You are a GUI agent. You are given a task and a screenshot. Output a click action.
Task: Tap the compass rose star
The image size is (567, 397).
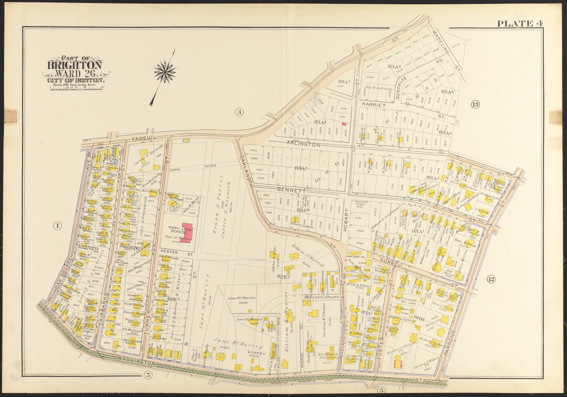coord(165,72)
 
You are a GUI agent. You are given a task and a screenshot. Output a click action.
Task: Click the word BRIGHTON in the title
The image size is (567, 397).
coord(75,65)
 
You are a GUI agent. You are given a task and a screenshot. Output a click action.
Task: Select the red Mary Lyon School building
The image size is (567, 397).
coord(187,233)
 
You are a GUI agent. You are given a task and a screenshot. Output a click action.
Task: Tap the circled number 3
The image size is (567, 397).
coord(239,112)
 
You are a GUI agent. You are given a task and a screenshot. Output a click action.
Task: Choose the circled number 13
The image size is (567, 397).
coord(475,104)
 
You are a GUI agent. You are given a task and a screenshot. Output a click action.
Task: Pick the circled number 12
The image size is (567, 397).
coord(491,279)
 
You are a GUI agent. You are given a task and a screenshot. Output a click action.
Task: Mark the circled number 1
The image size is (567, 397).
coord(57,226)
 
